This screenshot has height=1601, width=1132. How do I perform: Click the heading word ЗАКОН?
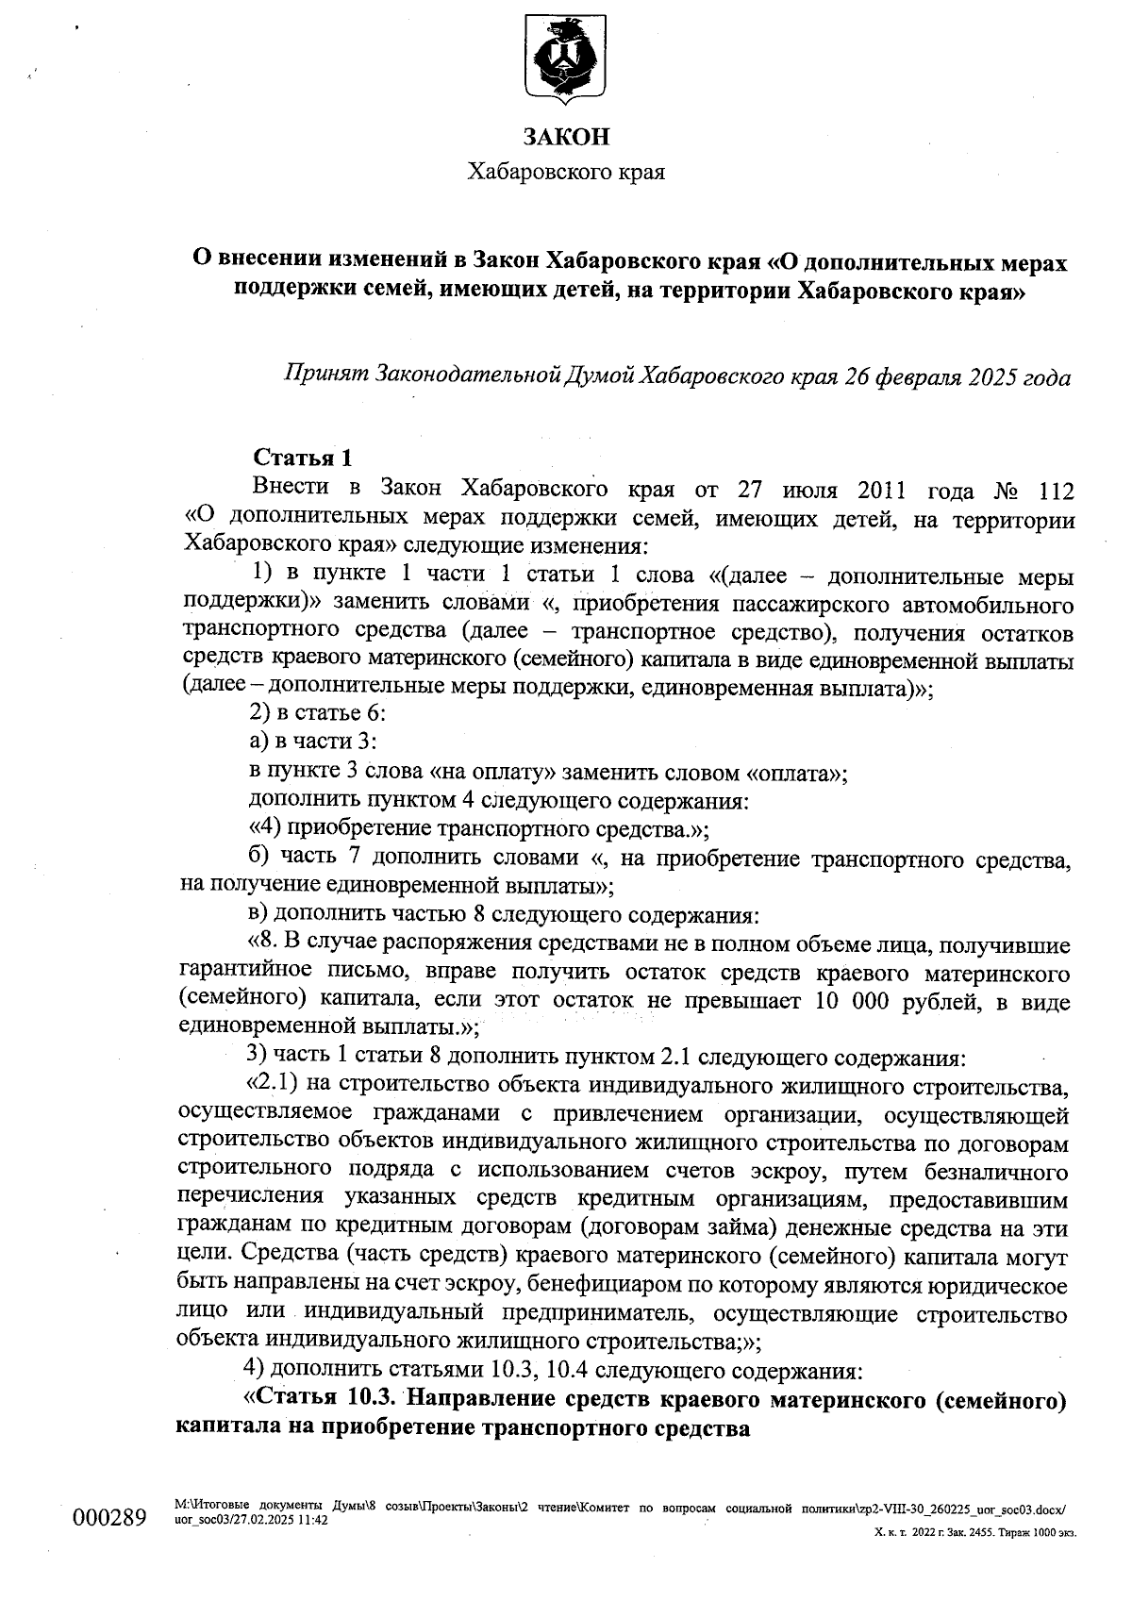point(566,137)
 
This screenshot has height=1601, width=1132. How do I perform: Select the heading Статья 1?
point(303,458)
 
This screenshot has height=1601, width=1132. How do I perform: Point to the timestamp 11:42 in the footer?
point(312,1521)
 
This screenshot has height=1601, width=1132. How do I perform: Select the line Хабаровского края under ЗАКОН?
point(566,173)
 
